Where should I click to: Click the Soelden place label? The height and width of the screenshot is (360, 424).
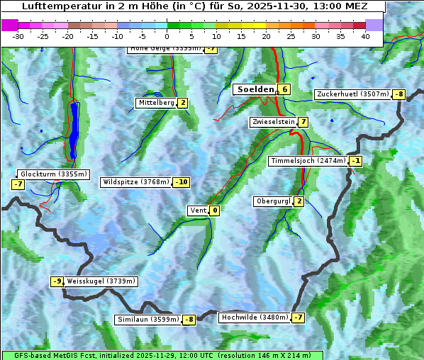(x=255, y=89)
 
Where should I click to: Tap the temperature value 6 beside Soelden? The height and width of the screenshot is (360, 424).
(x=284, y=89)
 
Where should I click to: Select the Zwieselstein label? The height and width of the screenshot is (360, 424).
(x=273, y=122)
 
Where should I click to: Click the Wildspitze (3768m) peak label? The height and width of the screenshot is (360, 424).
(x=136, y=182)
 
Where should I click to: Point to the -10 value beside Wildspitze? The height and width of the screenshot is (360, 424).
(x=182, y=182)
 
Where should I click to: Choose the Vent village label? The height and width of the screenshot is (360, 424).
(x=198, y=210)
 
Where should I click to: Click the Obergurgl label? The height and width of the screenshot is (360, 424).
(x=273, y=201)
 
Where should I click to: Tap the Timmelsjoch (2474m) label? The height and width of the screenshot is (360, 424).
(x=308, y=161)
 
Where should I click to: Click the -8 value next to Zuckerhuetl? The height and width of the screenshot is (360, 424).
(x=399, y=94)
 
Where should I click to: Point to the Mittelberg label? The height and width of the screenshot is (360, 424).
(x=156, y=103)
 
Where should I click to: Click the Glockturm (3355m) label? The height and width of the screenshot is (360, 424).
(x=54, y=174)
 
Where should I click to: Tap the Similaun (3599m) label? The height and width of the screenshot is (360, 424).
(x=148, y=320)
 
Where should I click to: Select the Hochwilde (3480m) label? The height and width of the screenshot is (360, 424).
(x=255, y=317)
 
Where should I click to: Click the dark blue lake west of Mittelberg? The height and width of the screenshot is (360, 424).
(x=74, y=131)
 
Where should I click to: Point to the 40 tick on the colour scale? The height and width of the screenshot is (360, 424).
(x=365, y=36)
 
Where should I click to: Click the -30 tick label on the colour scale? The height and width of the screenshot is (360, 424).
(x=18, y=36)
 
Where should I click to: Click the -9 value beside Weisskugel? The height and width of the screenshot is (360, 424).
(x=57, y=281)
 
